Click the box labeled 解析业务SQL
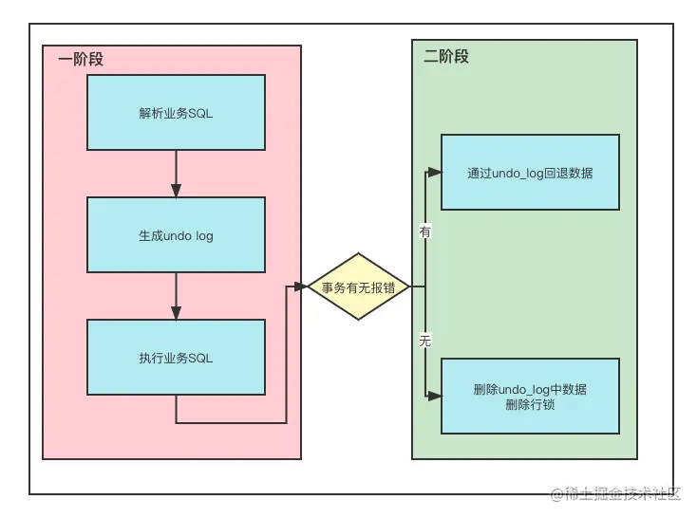tap(176, 113)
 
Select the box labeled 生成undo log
tap(176, 235)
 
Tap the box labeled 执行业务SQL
tap(176, 357)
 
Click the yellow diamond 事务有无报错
tap(358, 286)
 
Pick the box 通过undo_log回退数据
tap(530, 173)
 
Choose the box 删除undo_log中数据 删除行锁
tap(530, 397)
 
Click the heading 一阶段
tap(80, 59)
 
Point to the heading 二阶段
tap(445, 56)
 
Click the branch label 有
tap(424, 231)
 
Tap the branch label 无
tap(424, 341)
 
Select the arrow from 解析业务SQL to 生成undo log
tap(176, 173)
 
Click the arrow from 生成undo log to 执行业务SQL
tap(176, 296)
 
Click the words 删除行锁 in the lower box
tap(530, 405)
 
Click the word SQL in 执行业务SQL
tap(200, 358)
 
